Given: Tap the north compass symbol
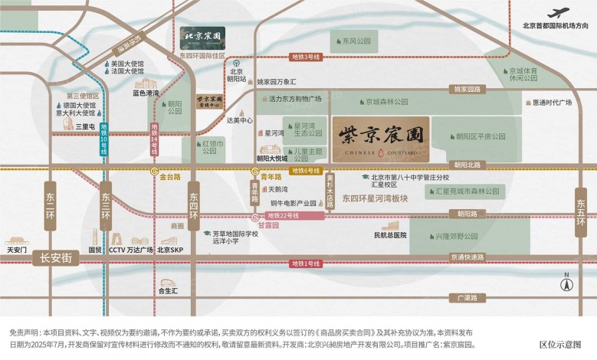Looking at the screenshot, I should coord(567,283).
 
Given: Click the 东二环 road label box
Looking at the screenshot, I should coord(51,202).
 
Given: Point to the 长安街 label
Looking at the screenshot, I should coord(56,260).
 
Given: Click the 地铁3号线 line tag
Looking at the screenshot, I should coord(304,57).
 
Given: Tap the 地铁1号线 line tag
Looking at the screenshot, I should coord(304,263).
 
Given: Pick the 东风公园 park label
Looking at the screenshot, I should coord(356,41).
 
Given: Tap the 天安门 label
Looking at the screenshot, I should coord(17,250).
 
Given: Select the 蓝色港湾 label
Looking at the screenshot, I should coord(146,93).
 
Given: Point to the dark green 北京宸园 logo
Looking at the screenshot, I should coord(203,37).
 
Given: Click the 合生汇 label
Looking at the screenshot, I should coord(168,291).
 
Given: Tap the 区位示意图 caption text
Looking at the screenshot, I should coord(561,345).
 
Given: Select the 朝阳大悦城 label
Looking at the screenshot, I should coord(272,159).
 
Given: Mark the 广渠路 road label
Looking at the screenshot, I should coord(467,297).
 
